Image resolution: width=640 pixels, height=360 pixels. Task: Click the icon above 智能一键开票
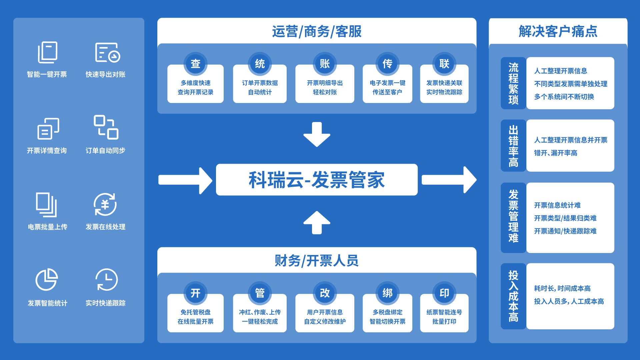[47, 52]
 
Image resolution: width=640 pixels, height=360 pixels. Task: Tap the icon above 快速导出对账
[107, 52]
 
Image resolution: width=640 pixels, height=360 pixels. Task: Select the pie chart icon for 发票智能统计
[47, 279]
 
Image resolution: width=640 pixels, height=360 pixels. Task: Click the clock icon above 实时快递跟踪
[106, 280]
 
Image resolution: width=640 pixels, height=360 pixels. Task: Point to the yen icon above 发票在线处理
[105, 204]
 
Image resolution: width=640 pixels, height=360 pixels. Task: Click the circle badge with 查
[195, 63]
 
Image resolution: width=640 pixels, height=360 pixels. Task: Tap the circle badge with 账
[325, 63]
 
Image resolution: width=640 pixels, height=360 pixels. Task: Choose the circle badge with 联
[444, 63]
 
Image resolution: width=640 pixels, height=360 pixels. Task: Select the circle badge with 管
[260, 293]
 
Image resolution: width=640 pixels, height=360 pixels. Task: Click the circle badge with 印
[444, 293]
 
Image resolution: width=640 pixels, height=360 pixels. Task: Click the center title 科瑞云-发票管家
[317, 180]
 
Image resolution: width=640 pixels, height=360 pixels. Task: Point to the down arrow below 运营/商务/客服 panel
[317, 134]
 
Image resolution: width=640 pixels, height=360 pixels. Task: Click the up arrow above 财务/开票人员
[317, 222]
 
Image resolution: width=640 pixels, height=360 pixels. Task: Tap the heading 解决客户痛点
[558, 31]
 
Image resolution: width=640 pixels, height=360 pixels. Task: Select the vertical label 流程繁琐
[513, 83]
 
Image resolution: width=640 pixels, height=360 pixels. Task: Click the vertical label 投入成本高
[513, 296]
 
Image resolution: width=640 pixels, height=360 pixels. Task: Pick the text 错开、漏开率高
[556, 153]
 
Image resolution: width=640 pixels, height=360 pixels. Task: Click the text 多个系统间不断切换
[564, 97]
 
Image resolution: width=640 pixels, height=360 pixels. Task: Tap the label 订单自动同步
[105, 151]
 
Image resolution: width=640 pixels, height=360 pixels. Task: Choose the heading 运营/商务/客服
[317, 32]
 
